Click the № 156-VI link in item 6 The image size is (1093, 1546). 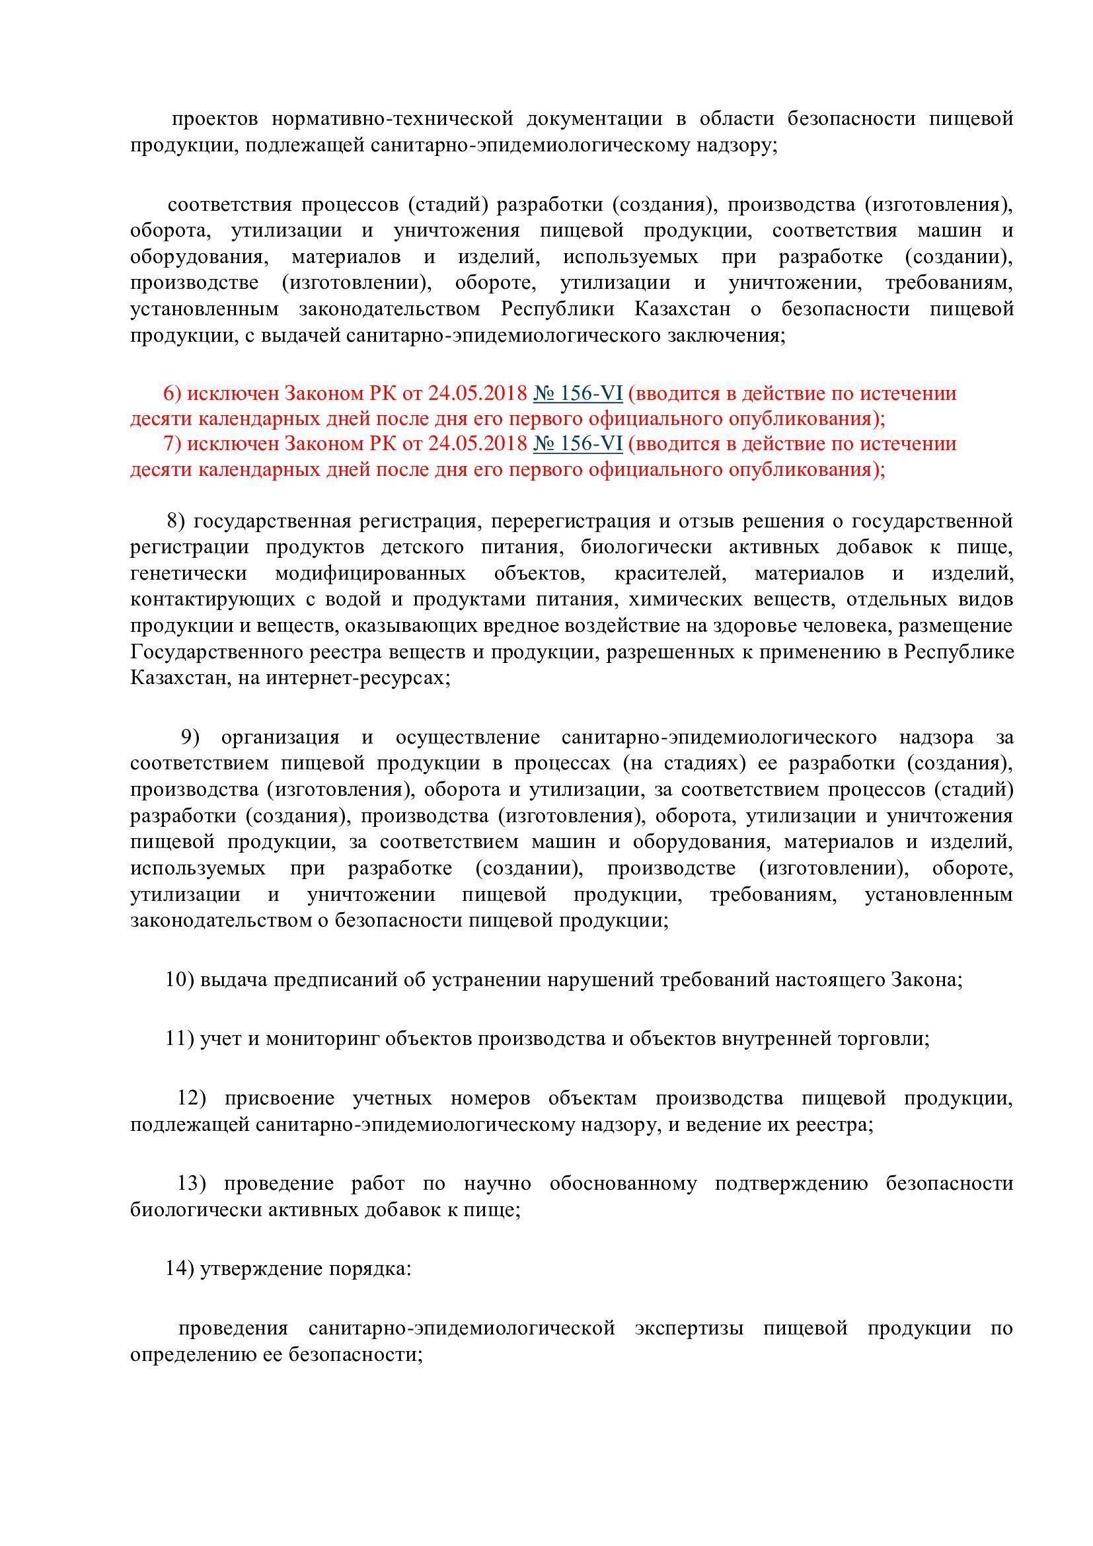tap(578, 393)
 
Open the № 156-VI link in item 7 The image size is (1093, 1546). tap(578, 444)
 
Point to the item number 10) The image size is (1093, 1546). tap(180, 980)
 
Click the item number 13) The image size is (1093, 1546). tap(192, 1184)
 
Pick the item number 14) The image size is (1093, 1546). tap(180, 1270)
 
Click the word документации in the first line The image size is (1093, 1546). tap(594, 119)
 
